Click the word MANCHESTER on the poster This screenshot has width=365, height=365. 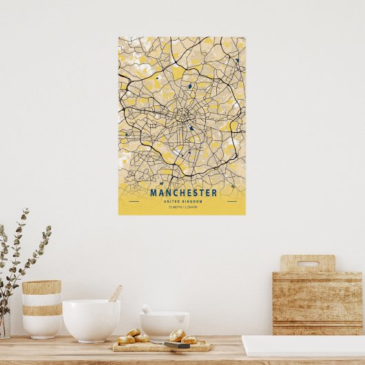pos(183,193)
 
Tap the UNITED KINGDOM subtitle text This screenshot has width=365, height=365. pos(182,200)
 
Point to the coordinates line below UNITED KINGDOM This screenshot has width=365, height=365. pos(182,207)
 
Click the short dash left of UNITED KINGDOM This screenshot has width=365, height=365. pos(134,201)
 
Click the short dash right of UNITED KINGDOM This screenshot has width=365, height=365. pos(231,201)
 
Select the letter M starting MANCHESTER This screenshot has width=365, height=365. pos(154,193)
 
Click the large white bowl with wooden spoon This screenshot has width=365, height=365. pos(91,320)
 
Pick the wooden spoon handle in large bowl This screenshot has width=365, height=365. pos(116,293)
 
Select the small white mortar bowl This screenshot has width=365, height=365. pos(164,324)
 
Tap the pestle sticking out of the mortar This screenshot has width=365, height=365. pos(146,309)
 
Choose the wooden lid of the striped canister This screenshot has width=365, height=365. pos(41,286)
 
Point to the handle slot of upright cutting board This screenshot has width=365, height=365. pos(307,263)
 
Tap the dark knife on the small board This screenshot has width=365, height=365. pos(176,344)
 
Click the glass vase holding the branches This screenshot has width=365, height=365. pos(4,324)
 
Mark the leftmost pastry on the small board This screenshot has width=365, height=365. pos(126,340)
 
